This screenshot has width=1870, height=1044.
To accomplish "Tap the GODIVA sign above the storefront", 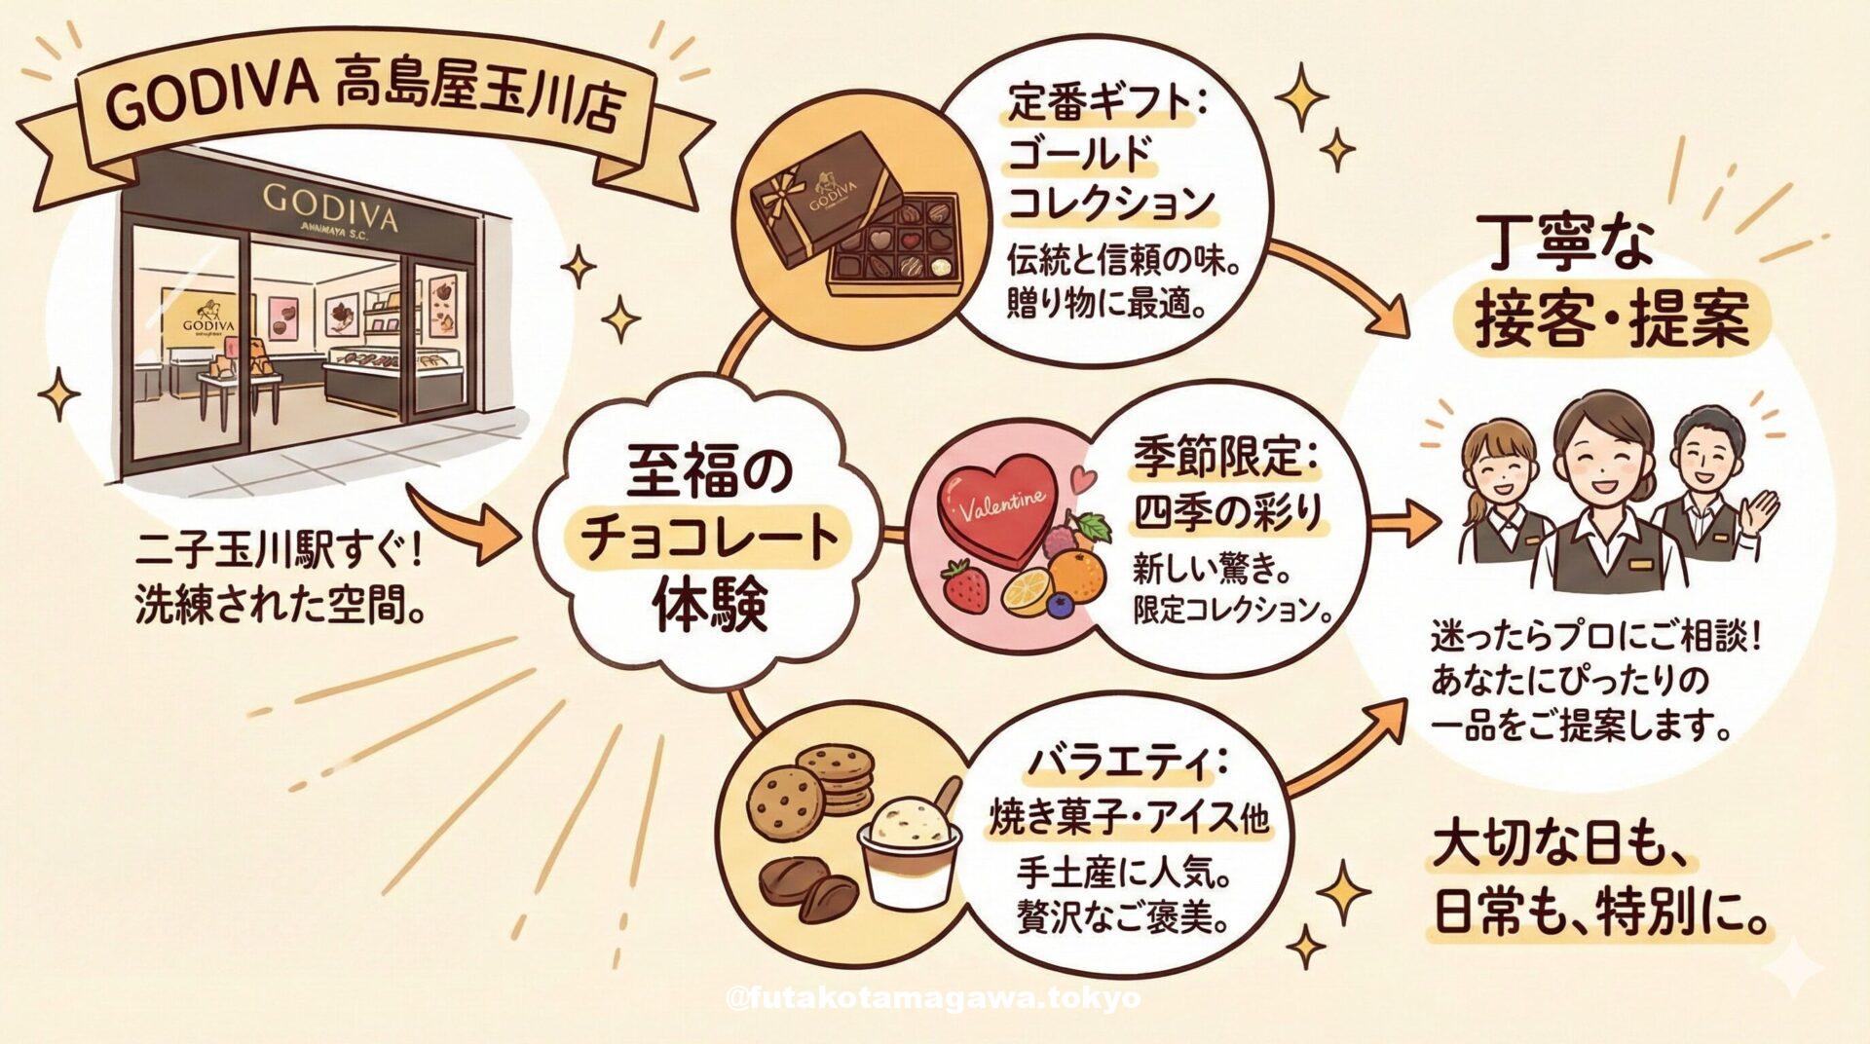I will (330, 205).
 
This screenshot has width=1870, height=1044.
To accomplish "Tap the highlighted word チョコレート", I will (711, 539).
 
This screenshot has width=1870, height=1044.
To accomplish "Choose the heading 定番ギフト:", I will (1106, 106).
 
